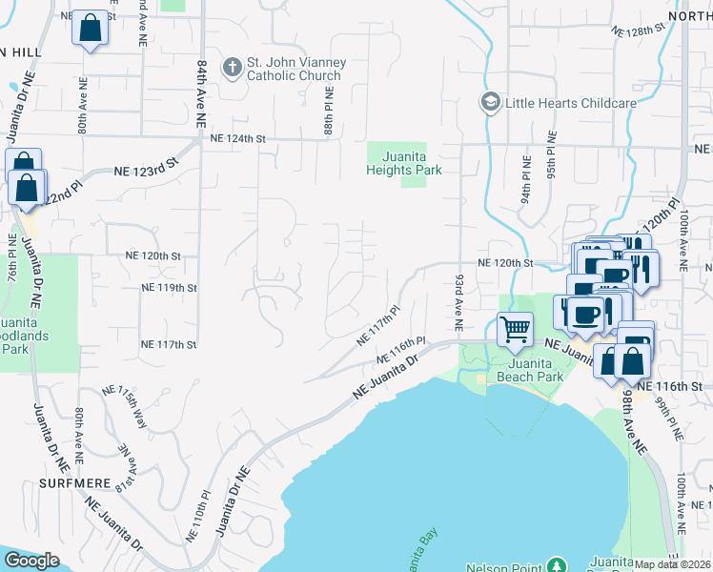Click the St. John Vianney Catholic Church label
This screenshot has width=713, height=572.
[x=295, y=69]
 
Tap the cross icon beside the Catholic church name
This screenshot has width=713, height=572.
[x=232, y=68]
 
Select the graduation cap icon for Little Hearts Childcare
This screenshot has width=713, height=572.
[x=490, y=101]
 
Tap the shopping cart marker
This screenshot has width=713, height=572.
[x=515, y=330]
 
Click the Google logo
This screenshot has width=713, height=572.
[x=31, y=561]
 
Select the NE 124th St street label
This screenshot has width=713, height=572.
[x=236, y=139]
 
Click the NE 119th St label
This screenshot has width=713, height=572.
[x=168, y=287]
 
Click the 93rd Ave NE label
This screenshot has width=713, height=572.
[x=458, y=300]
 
